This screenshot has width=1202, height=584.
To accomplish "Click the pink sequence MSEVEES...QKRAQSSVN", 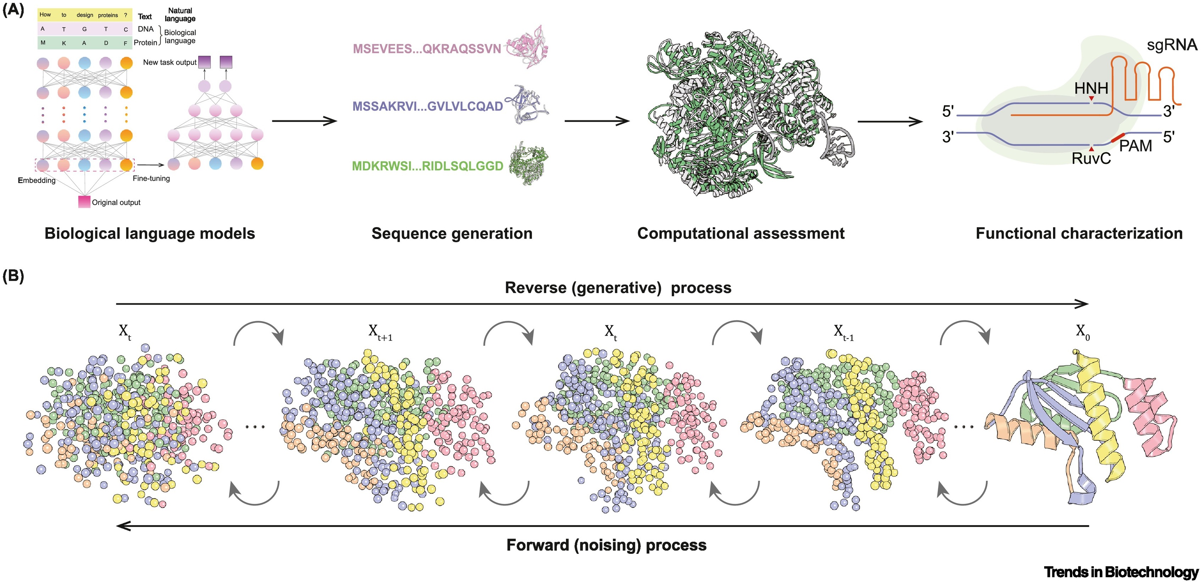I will click(x=426, y=49).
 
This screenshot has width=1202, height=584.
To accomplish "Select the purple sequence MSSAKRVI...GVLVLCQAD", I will click(x=427, y=106).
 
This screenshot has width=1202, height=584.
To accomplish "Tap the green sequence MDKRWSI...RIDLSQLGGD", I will click(x=427, y=166).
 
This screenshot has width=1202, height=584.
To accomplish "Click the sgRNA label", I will click(x=1171, y=45).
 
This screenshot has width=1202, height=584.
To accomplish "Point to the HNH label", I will click(x=1091, y=88).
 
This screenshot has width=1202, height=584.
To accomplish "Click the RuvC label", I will click(x=1091, y=159).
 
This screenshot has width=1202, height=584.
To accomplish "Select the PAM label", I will click(x=1135, y=146).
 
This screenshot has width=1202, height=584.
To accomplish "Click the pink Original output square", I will click(x=84, y=202).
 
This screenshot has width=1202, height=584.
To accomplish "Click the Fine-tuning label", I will click(x=151, y=178).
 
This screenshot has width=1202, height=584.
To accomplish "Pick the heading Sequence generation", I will click(x=452, y=233).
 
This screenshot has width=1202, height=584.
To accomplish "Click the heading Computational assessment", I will click(x=741, y=233).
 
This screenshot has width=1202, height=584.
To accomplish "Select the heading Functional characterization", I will click(x=1079, y=233).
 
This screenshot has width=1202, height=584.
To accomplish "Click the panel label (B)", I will click(x=13, y=276).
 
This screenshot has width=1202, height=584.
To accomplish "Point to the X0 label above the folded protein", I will click(x=1082, y=332).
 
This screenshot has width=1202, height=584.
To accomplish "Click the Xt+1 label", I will click(x=380, y=332).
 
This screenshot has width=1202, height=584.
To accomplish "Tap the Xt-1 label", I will click(x=843, y=332).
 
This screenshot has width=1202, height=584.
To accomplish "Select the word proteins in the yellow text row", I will click(x=108, y=15).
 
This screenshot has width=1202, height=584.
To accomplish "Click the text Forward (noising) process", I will click(x=606, y=545).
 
